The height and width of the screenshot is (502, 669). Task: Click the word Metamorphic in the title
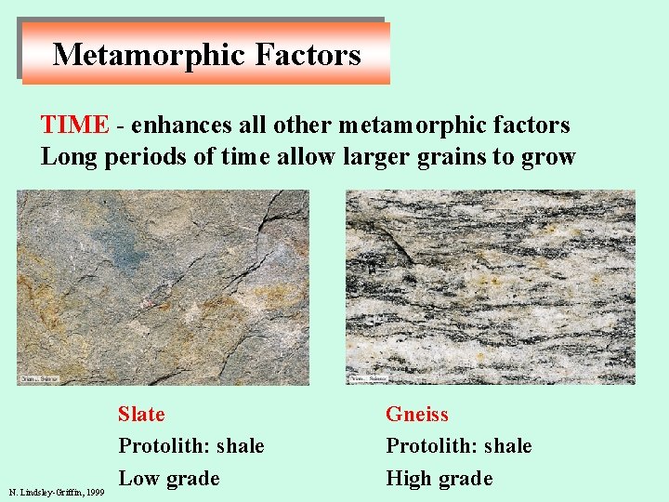tap(149, 55)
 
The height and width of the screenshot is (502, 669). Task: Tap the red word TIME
tap(74, 125)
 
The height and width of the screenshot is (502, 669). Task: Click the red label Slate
tap(141, 415)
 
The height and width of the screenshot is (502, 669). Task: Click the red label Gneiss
tap(417, 415)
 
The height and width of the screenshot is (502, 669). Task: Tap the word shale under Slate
tap(239, 446)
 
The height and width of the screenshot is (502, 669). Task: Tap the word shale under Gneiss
tap(506, 446)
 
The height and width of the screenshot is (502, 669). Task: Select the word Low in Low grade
tap(138, 479)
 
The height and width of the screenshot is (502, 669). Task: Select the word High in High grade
tap(411, 479)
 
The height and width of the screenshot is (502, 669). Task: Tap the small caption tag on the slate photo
tap(38, 379)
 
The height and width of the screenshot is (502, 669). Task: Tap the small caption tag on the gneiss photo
tap(368, 379)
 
